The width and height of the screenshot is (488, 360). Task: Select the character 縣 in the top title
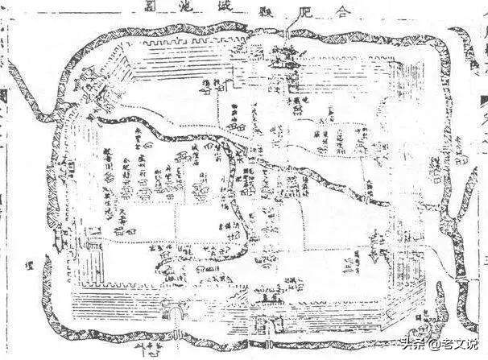tap(267, 10)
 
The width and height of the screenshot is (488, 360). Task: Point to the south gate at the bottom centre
tap(264, 323)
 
